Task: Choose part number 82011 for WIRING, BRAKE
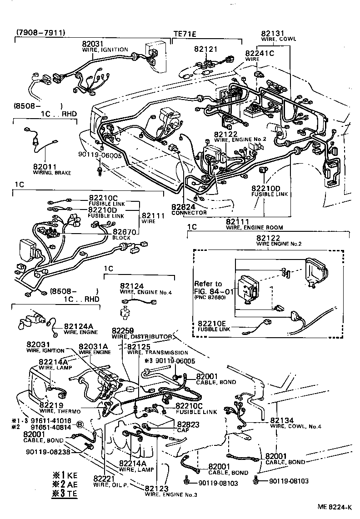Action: pyautogui.click(x=44, y=167)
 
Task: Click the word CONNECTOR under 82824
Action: pyautogui.click(x=189, y=213)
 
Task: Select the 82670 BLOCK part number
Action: pyautogui.click(x=125, y=231)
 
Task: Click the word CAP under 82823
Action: pyautogui.click(x=183, y=430)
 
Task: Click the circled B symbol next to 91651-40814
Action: pyautogui.click(x=80, y=424)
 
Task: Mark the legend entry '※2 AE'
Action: pyautogui.click(x=65, y=484)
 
